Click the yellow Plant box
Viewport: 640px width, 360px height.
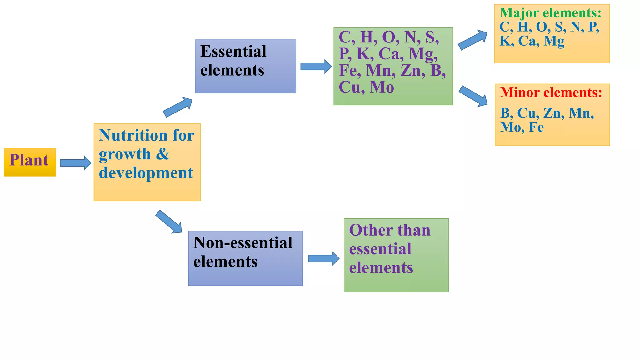(30, 162)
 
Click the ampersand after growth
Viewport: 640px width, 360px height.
(162, 154)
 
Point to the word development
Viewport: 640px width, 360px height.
(146, 172)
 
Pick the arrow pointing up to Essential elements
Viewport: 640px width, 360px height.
(178, 107)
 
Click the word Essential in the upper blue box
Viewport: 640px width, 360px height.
(233, 51)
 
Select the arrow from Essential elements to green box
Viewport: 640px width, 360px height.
(316, 66)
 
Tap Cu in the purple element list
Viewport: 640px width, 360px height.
(349, 87)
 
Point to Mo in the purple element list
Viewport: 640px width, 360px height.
(382, 87)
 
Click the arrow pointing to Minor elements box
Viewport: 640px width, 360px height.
(473, 96)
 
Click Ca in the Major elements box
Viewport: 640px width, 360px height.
(528, 41)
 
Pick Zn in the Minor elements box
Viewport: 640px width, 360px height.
(553, 113)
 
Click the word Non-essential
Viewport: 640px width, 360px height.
(243, 243)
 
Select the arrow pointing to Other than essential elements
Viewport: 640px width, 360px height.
(323, 258)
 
